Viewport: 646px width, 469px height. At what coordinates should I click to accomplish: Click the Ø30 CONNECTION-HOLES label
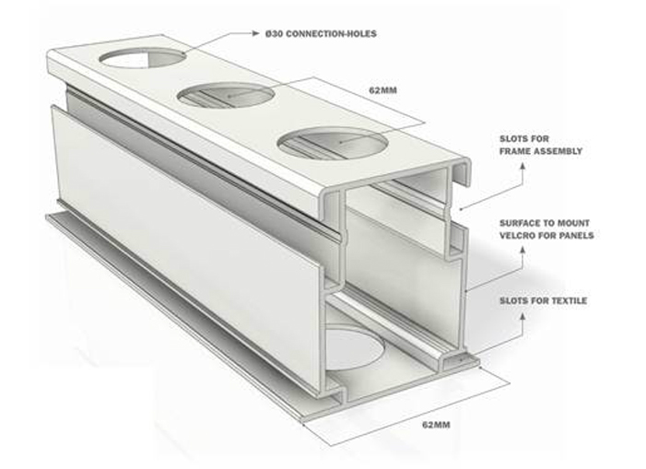click(321, 34)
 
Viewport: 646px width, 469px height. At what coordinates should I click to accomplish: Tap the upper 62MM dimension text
click(382, 90)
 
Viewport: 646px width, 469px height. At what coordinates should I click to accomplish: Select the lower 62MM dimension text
click(436, 425)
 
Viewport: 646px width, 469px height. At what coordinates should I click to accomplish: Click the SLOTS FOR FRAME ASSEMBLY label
click(541, 145)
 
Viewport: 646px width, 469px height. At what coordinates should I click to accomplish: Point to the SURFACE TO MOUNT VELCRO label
click(546, 229)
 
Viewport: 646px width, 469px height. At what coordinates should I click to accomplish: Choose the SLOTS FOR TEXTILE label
click(544, 300)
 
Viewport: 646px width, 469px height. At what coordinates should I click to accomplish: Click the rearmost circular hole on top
click(141, 58)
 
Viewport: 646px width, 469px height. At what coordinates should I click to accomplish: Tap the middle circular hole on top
click(226, 96)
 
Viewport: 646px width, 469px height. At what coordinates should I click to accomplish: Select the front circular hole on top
click(333, 144)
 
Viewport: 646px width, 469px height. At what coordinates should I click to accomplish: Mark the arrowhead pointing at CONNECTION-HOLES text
click(256, 33)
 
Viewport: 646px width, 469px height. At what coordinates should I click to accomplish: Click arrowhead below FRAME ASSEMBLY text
click(523, 165)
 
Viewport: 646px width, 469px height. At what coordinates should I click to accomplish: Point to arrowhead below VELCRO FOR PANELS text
click(523, 250)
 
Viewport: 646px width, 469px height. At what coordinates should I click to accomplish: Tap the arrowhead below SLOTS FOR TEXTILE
click(523, 316)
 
